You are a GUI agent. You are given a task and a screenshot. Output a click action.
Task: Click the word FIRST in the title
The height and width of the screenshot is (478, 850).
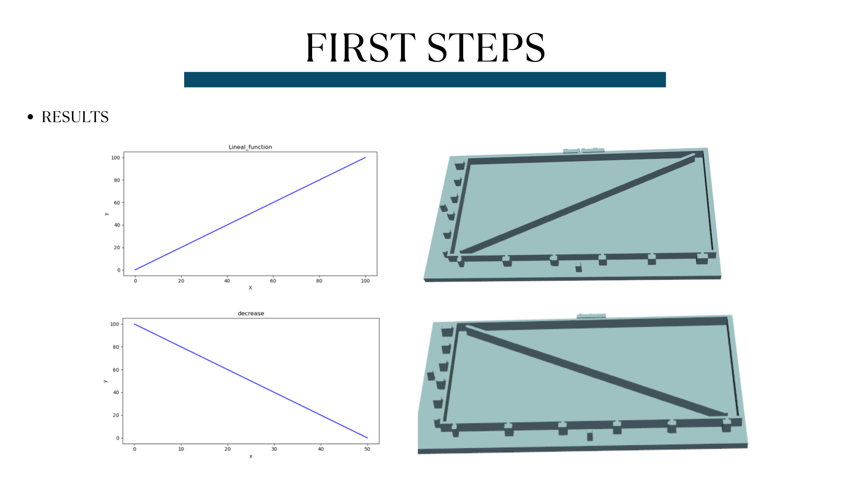[x=360, y=47]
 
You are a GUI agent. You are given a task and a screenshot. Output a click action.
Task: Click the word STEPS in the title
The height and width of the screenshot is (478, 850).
[x=486, y=47]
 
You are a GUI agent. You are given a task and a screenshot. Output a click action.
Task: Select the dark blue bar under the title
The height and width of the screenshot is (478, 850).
[x=425, y=80]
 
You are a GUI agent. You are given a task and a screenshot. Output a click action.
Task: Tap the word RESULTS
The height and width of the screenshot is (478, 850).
[x=75, y=117]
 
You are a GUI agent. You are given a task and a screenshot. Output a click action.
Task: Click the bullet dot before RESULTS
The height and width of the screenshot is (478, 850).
[x=30, y=117]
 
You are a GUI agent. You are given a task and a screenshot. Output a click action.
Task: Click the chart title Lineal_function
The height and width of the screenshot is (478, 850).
[x=250, y=147]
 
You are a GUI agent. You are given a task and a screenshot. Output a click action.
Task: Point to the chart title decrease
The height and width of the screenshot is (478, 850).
[x=251, y=313]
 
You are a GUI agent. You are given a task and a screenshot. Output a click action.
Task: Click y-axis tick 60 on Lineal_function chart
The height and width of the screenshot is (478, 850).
[x=116, y=203]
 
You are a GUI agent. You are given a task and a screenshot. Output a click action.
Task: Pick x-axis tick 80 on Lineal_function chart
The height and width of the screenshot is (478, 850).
[x=319, y=281]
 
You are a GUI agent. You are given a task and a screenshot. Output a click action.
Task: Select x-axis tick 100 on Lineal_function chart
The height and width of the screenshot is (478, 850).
[x=365, y=281]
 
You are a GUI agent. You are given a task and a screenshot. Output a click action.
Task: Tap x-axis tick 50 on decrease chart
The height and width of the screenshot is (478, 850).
[x=367, y=449]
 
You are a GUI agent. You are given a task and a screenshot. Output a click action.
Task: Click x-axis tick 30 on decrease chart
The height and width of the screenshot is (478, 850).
[x=274, y=449]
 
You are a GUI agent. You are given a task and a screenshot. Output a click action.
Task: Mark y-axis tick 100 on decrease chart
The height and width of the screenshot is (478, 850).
[x=115, y=324]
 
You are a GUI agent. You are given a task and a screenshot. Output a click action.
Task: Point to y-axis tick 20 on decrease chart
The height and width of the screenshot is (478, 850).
[x=116, y=415]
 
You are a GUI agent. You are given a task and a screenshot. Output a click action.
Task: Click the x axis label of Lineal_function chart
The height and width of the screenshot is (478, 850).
[x=250, y=288]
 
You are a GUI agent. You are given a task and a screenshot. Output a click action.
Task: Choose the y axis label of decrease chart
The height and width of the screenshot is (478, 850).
[x=105, y=381]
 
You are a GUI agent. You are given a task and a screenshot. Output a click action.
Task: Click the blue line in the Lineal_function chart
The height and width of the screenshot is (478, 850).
[x=250, y=214]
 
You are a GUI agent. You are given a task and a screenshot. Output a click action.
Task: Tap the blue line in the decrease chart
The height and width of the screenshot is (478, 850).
[x=251, y=381]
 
